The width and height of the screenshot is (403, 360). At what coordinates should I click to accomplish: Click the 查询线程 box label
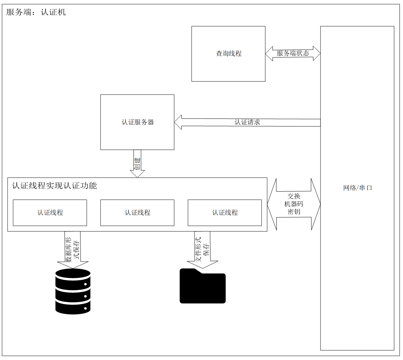pos(229,53)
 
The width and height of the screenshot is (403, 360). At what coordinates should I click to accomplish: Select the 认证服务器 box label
pos(138,122)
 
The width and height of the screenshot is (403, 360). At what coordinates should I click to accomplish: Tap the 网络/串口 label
pos(358,188)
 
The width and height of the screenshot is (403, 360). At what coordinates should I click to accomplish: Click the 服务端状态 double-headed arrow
pos(293,53)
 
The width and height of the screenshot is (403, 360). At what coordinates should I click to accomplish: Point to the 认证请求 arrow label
pos(247,122)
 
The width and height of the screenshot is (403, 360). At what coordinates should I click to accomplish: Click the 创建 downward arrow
pos(137,164)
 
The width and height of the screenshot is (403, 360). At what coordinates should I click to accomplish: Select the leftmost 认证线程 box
pos(50,213)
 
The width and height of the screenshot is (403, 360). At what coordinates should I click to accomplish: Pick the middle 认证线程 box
pos(137,213)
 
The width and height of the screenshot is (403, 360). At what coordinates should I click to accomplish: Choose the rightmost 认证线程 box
pos(225,213)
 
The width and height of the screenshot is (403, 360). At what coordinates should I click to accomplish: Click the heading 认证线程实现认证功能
pos(54,185)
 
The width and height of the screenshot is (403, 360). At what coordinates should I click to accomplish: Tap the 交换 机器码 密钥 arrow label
pos(294,204)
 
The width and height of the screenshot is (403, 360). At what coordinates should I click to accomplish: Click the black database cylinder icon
pos(73,291)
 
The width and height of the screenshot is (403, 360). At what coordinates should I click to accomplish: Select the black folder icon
pos(203,286)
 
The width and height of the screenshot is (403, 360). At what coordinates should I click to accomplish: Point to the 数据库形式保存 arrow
pos(73,250)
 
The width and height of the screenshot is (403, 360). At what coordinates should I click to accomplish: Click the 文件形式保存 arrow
pos(203,249)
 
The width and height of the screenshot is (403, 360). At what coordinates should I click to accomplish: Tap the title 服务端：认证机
pos(36,12)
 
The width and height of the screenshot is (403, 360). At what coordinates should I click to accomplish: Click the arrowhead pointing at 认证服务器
pos(178,122)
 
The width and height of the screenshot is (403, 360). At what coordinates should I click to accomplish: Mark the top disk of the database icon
pos(73,274)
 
